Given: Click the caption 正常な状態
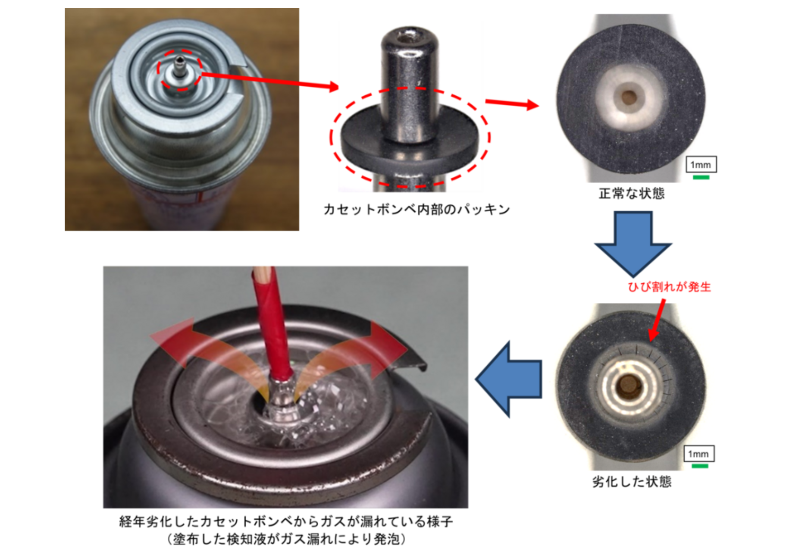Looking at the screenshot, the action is point(632,193).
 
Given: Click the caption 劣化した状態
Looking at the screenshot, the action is point(632,481).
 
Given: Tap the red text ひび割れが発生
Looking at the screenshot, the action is point(669,287).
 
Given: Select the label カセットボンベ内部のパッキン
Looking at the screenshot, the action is point(416,210).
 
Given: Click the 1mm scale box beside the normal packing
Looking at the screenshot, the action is point(701,164).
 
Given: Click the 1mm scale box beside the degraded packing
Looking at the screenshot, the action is point(698,454).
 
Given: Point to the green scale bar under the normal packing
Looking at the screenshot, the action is point(701,177).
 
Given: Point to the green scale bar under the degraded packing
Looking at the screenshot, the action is point(700,466).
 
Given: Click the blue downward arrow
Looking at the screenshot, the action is point(633,244).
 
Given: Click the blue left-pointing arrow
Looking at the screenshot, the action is point(509,379).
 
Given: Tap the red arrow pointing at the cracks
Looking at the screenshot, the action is point(657,320).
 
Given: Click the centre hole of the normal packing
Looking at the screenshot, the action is point(629,97).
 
